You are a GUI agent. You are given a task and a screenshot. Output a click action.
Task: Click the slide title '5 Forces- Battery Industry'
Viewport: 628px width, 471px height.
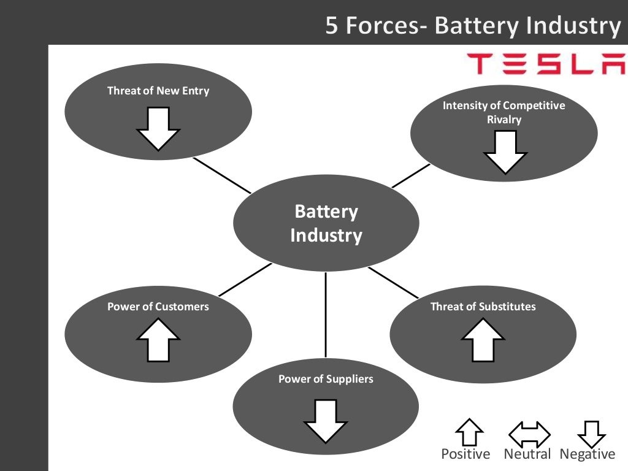click(472, 26)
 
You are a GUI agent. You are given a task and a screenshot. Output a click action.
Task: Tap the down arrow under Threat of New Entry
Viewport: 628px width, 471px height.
click(158, 128)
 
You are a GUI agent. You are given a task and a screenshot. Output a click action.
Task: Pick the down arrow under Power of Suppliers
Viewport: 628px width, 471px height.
click(326, 421)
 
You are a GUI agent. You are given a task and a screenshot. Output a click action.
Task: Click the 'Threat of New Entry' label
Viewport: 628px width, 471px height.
click(158, 91)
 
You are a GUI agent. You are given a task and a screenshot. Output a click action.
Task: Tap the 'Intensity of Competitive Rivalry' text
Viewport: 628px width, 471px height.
click(504, 112)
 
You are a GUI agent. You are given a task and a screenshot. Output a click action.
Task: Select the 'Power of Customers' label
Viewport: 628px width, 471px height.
click(158, 307)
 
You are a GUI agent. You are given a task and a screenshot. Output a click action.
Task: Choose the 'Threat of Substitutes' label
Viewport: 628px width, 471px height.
click(483, 307)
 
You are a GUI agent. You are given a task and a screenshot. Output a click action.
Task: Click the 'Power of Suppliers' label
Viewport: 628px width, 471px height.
click(326, 379)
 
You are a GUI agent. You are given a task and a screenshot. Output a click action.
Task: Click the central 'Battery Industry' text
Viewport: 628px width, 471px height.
click(326, 224)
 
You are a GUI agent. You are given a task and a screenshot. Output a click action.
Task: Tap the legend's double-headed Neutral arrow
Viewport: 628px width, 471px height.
click(529, 434)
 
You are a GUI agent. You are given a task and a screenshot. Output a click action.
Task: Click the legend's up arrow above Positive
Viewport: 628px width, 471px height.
click(469, 432)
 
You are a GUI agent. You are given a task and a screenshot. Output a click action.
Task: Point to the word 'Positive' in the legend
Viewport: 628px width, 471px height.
click(465, 454)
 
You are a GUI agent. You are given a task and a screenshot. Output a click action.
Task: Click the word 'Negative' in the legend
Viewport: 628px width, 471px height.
click(587, 454)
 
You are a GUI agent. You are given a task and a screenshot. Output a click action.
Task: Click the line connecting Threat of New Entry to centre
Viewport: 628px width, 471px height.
click(222, 175)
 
